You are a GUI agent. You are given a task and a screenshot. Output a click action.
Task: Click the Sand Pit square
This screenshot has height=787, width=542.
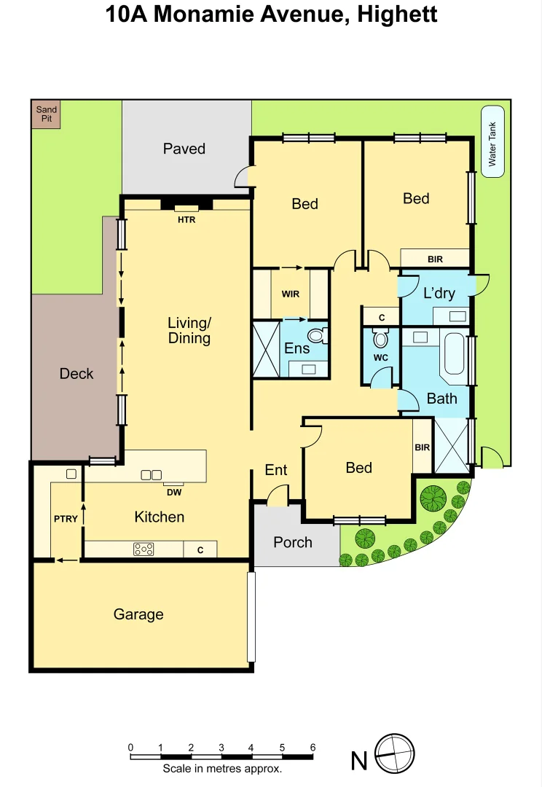46,115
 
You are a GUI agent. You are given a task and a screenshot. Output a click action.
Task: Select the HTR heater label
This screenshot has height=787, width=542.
186,219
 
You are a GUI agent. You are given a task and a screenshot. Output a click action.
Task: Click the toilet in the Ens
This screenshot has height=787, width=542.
316,335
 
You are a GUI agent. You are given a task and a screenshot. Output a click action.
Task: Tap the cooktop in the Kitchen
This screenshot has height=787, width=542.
144,549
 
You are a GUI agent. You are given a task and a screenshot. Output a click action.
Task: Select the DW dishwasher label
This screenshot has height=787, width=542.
173,492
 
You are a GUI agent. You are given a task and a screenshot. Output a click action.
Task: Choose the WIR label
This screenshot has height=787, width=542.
290,294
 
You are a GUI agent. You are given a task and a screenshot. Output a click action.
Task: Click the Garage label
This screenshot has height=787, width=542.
138,614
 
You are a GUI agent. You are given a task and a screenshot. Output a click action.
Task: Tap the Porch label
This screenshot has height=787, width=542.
293,542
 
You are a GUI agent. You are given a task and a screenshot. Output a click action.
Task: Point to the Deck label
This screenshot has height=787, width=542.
76,373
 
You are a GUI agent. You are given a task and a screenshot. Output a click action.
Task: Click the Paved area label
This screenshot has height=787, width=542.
184,149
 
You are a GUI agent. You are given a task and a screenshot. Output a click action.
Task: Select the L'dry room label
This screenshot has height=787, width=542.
439,293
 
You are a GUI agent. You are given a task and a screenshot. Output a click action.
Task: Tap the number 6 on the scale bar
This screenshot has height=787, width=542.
313,747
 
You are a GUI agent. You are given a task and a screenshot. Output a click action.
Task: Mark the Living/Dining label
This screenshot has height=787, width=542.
189,330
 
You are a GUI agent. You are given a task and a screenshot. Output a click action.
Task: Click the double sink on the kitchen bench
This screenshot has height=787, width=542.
151,474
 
